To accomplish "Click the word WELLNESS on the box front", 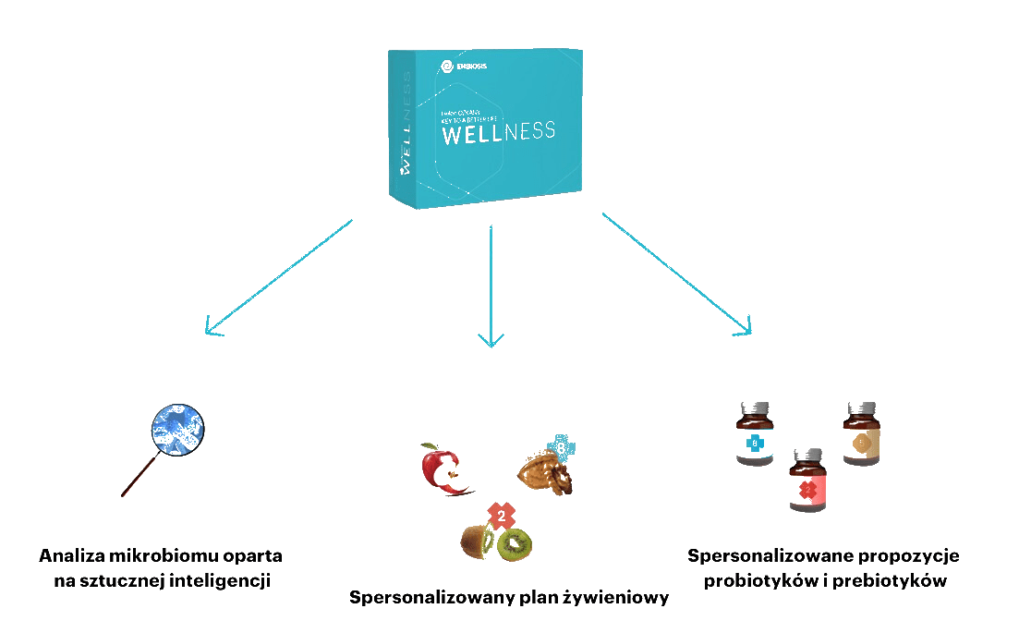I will point(499,131).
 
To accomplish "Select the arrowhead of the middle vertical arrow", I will point(491,340).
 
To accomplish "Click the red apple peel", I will point(439,469).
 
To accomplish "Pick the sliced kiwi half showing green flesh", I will point(514,544).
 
